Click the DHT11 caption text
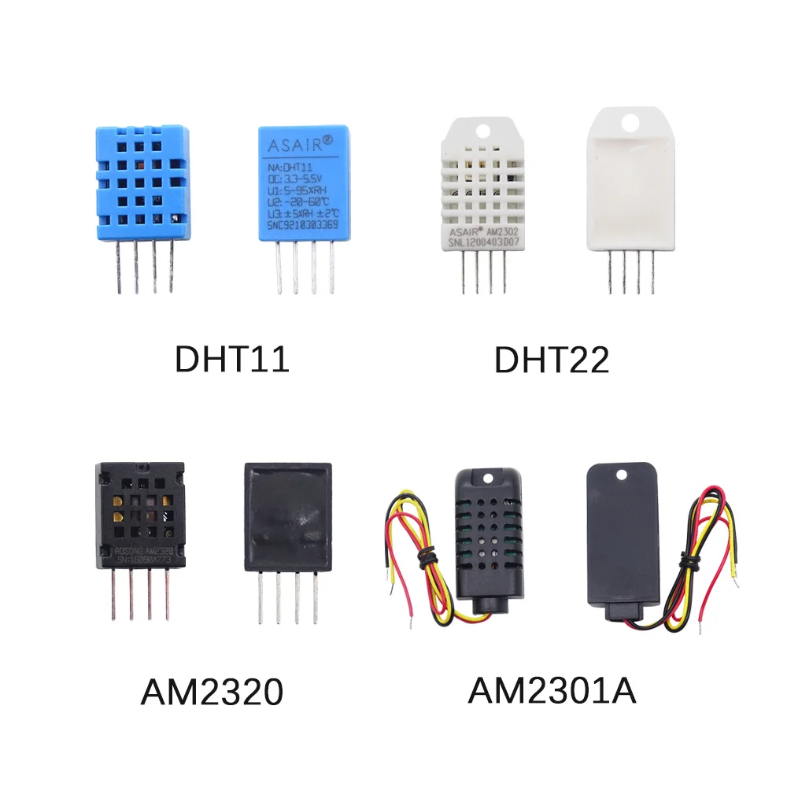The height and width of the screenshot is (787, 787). (x=231, y=360)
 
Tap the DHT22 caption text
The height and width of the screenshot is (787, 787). (x=552, y=360)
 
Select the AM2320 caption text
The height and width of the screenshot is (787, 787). (x=211, y=693)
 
